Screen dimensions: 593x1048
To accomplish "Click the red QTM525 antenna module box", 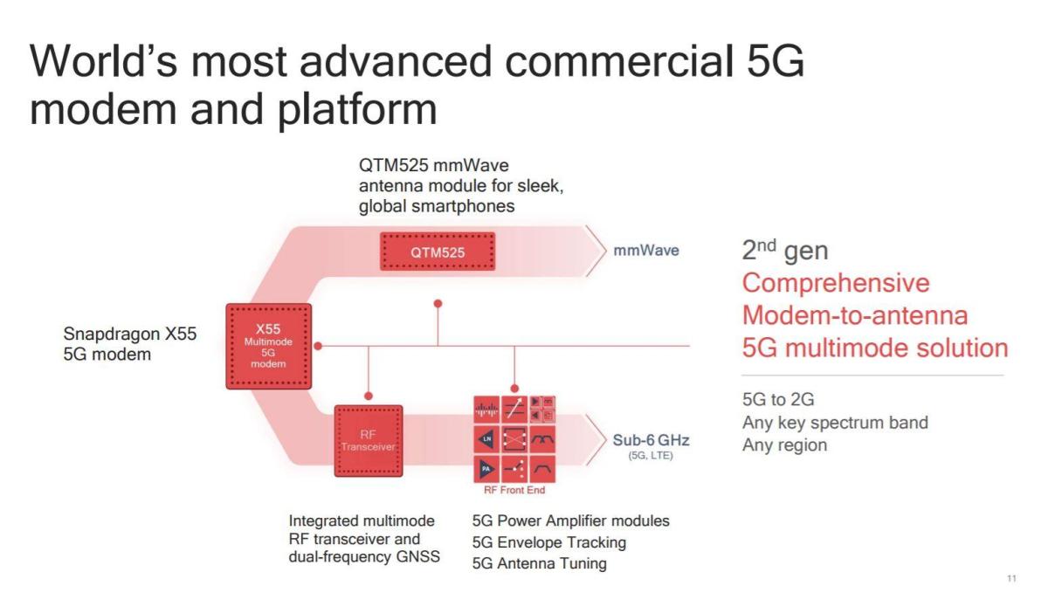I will [438, 252].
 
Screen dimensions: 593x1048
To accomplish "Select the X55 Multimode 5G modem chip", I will [267, 346].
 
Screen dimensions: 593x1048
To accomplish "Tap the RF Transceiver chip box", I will [368, 440].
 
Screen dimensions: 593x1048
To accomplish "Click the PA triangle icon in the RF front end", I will [486, 469].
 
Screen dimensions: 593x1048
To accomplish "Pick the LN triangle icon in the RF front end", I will [486, 437].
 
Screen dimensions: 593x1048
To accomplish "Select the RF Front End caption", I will [514, 490].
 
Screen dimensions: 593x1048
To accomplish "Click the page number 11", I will [1012, 577].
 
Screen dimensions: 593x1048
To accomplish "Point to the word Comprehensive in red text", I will [835, 284].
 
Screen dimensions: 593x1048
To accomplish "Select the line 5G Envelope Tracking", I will [548, 542].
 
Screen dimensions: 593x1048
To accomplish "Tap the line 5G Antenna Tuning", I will [539, 563].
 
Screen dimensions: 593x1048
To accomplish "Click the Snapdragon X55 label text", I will [130, 334].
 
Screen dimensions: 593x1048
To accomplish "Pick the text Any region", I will [784, 445].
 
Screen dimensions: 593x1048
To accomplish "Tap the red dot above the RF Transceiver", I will [369, 395].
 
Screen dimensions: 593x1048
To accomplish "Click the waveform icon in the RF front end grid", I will [486, 406].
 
